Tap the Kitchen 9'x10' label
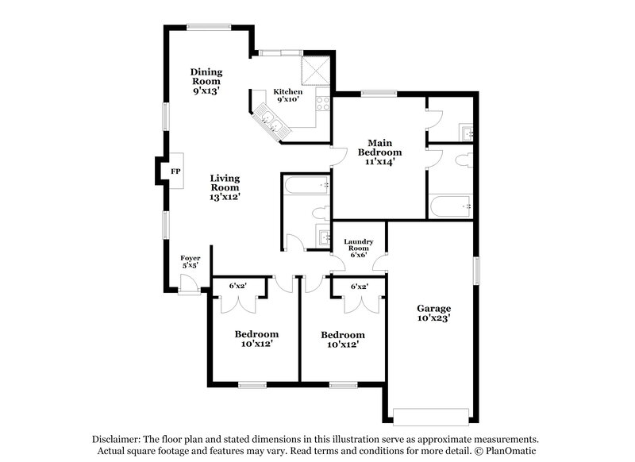coord(289,95)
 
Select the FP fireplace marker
coord(175,170)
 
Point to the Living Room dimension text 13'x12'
coord(225,196)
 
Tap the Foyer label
coord(190,262)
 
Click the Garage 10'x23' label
coord(434,313)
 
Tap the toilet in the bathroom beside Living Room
coord(321,214)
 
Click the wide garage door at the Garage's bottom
coord(425,413)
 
